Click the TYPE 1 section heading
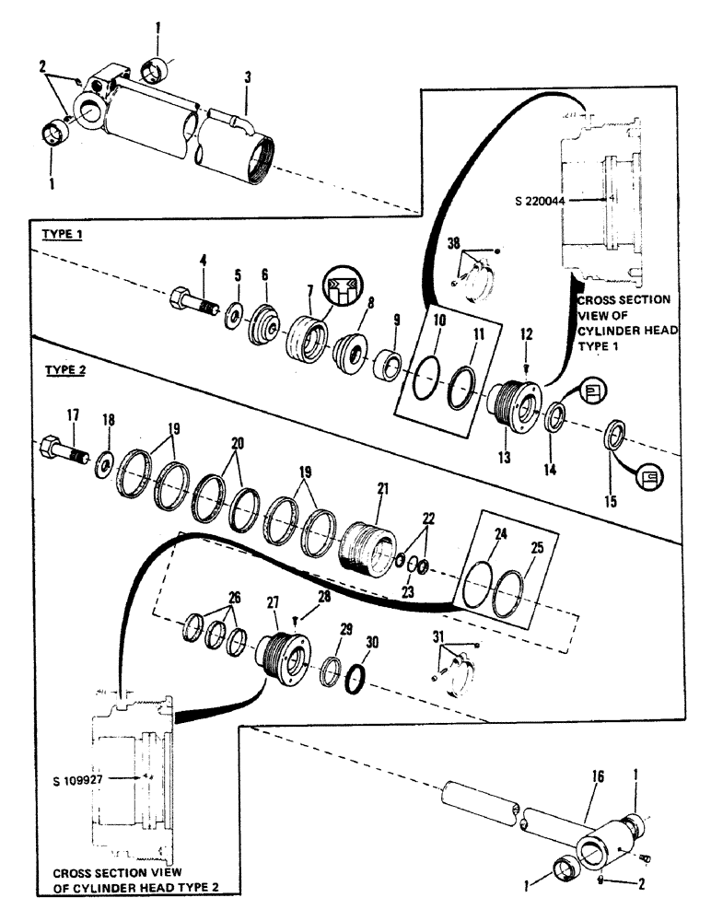click(64, 236)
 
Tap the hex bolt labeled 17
click(64, 452)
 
